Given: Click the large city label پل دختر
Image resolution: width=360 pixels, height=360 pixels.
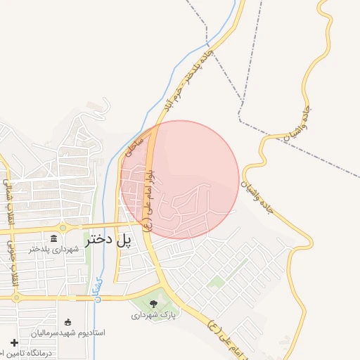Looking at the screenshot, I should click(108, 240).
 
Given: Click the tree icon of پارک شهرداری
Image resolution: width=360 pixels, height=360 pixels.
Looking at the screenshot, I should click(154, 304).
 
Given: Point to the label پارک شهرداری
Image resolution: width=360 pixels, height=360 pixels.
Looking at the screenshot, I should click(153, 316).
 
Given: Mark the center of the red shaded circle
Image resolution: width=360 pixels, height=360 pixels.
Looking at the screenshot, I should click(180, 179).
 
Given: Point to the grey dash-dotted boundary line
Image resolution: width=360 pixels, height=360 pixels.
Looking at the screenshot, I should click(295, 144).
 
